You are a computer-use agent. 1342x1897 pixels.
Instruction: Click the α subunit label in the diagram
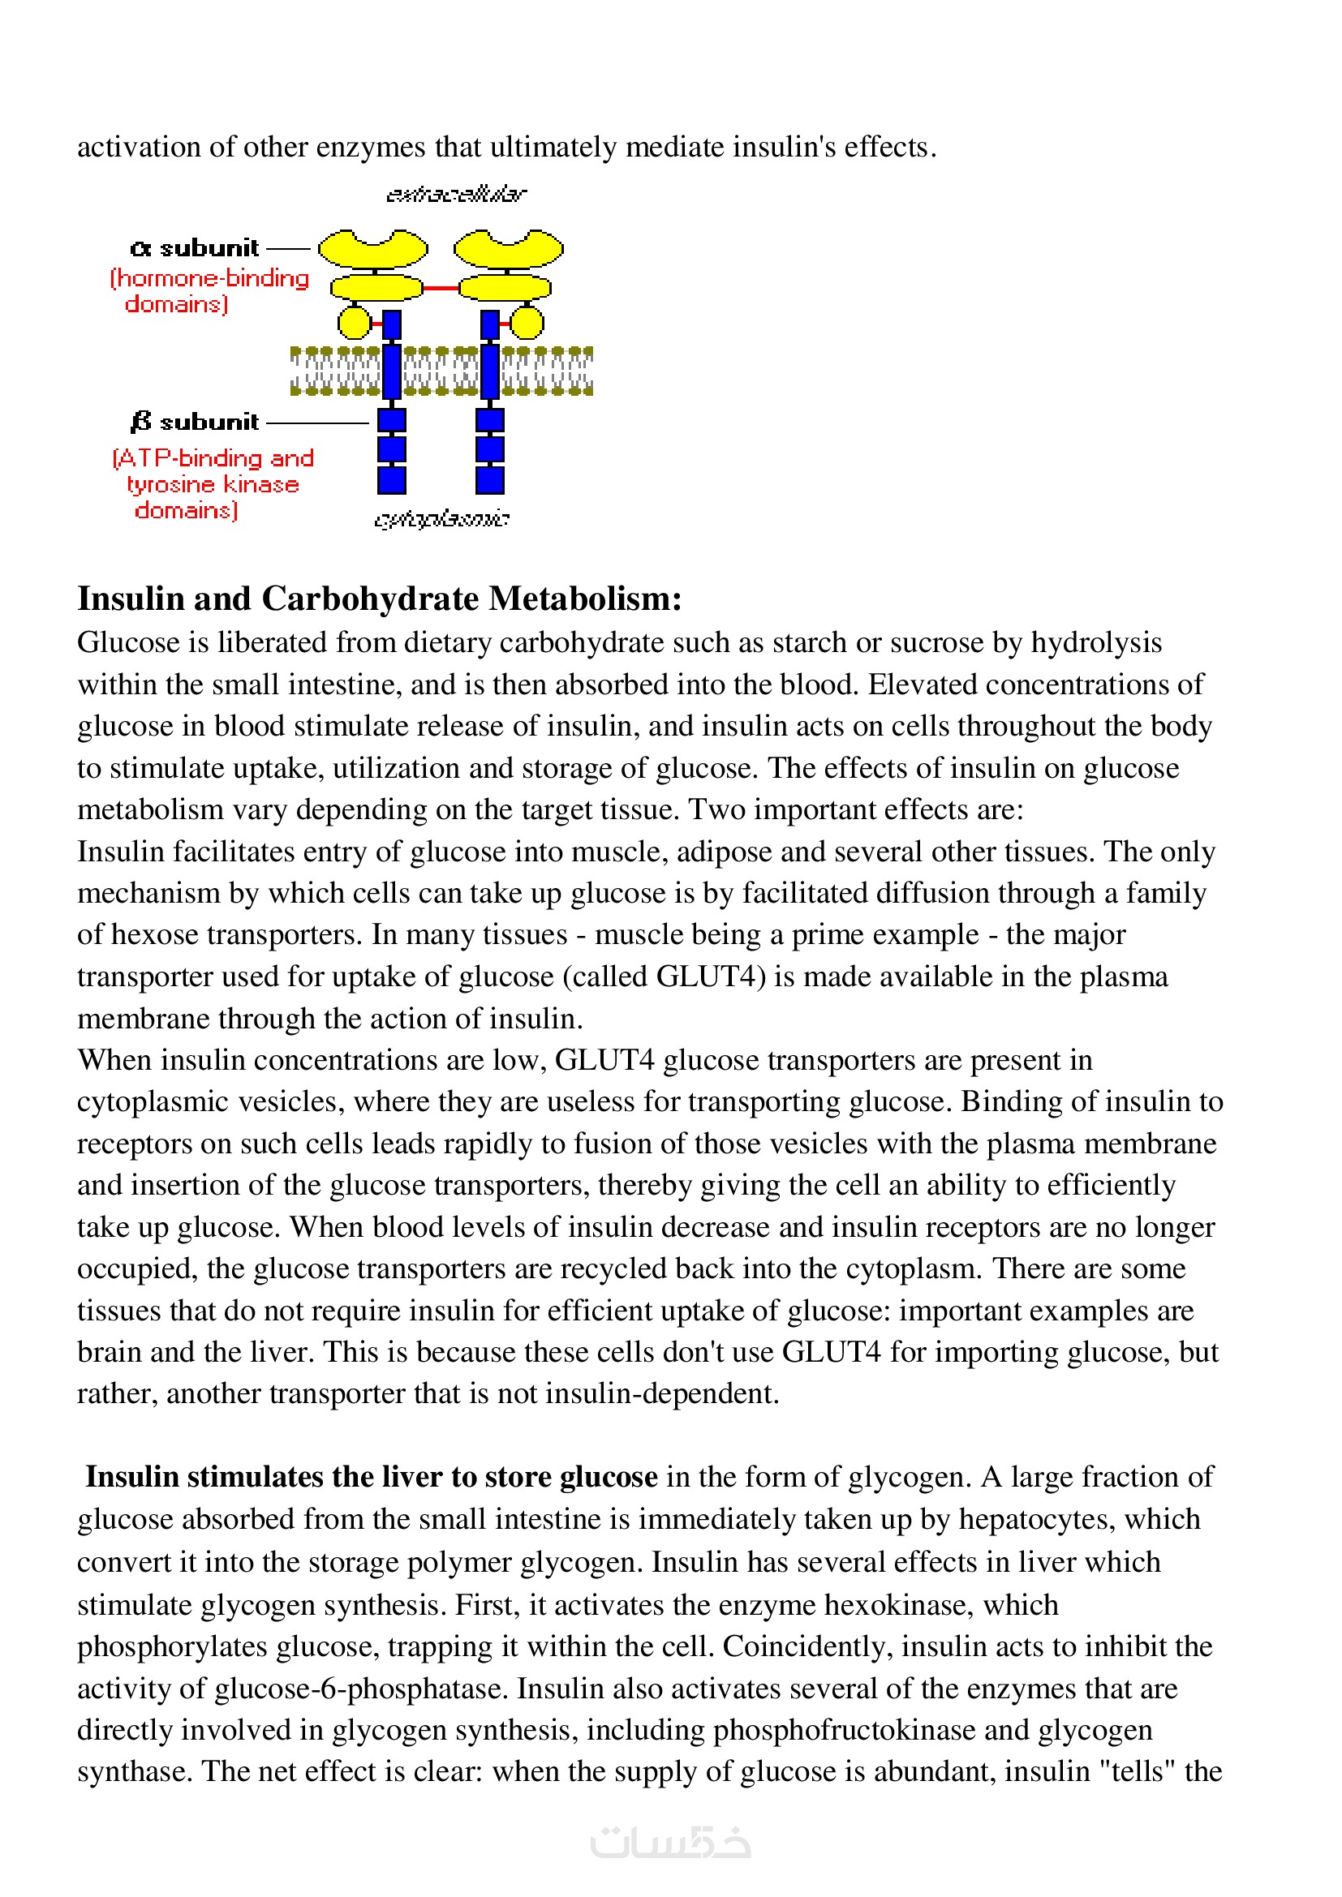(195, 248)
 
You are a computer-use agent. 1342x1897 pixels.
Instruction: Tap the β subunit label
(195, 423)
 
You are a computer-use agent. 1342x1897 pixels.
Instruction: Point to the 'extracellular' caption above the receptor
(455, 194)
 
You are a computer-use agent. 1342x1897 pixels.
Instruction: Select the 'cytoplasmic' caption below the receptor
(441, 519)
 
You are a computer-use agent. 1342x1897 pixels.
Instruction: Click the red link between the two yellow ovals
(441, 288)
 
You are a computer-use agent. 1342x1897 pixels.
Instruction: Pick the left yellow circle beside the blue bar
(355, 322)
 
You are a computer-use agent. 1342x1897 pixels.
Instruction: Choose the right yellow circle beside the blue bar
(527, 322)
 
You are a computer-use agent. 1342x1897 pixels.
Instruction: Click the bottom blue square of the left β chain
(392, 480)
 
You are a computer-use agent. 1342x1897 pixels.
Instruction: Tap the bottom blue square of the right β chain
(490, 480)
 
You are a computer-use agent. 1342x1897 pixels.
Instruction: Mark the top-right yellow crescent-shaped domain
(508, 248)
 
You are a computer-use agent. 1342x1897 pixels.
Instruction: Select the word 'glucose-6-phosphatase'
(359, 1688)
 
